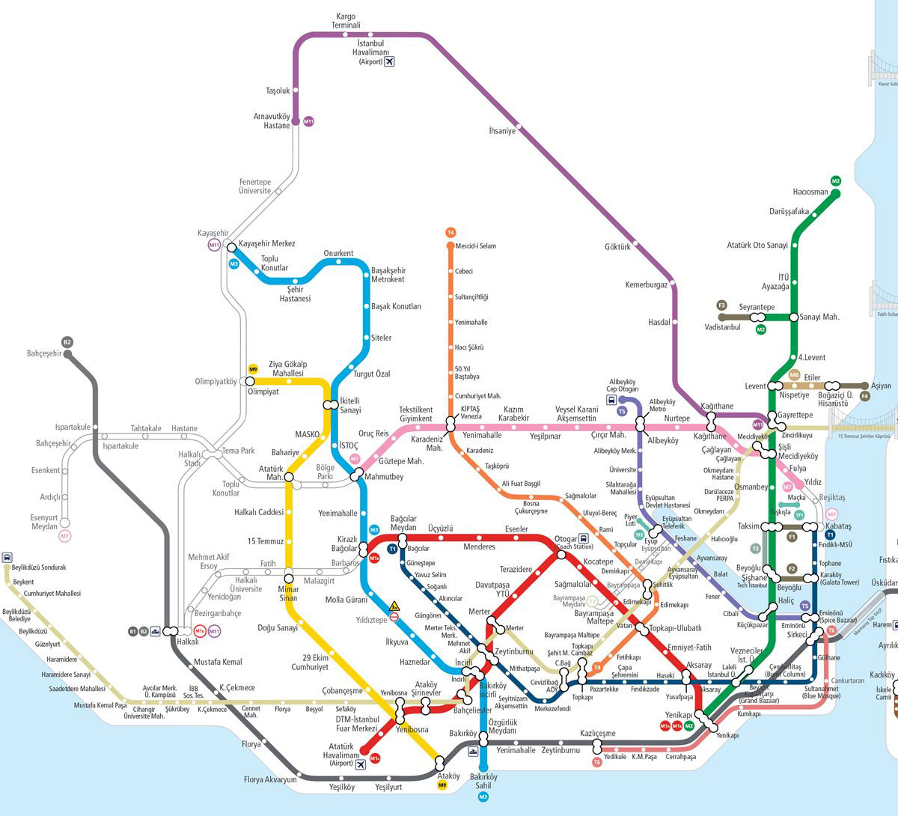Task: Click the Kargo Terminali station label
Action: pyautogui.click(x=346, y=21)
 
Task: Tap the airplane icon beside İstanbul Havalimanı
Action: pyautogui.click(x=388, y=61)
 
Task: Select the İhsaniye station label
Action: pyautogui.click(x=501, y=131)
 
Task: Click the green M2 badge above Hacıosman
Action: pyautogui.click(x=836, y=181)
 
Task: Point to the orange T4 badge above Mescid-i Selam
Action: pyautogui.click(x=450, y=233)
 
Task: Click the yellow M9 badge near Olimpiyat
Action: pyautogui.click(x=253, y=369)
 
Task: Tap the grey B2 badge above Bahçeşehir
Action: pyautogui.click(x=67, y=342)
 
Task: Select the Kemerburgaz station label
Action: pyautogui.click(x=646, y=284)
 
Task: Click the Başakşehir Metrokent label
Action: pyautogui.click(x=388, y=275)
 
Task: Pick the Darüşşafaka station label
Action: pyautogui.click(x=789, y=211)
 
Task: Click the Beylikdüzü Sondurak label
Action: pyautogui.click(x=39, y=567)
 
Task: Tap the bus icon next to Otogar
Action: pyautogui.click(x=584, y=538)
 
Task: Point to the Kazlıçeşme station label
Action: pyautogui.click(x=597, y=734)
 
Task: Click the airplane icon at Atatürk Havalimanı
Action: pyautogui.click(x=361, y=764)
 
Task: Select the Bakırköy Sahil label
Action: pyautogui.click(x=483, y=782)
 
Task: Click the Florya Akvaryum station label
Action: pyautogui.click(x=270, y=780)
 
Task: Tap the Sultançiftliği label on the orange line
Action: pyautogui.click(x=471, y=297)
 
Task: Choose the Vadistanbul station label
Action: pyautogui.click(x=722, y=327)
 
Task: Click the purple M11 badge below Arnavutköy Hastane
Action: pyautogui.click(x=308, y=121)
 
